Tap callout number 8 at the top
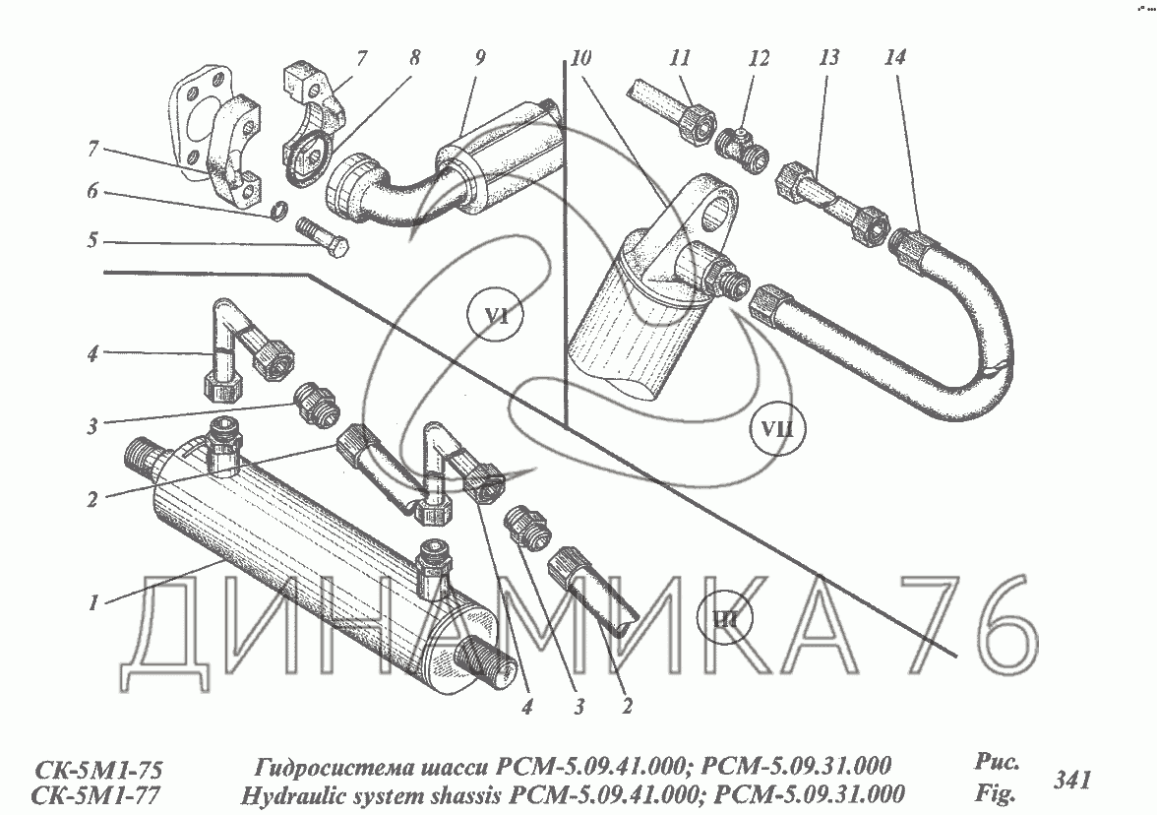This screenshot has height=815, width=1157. point(413,58)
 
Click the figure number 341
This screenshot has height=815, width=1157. point(1071,782)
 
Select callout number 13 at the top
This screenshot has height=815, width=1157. point(828,58)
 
